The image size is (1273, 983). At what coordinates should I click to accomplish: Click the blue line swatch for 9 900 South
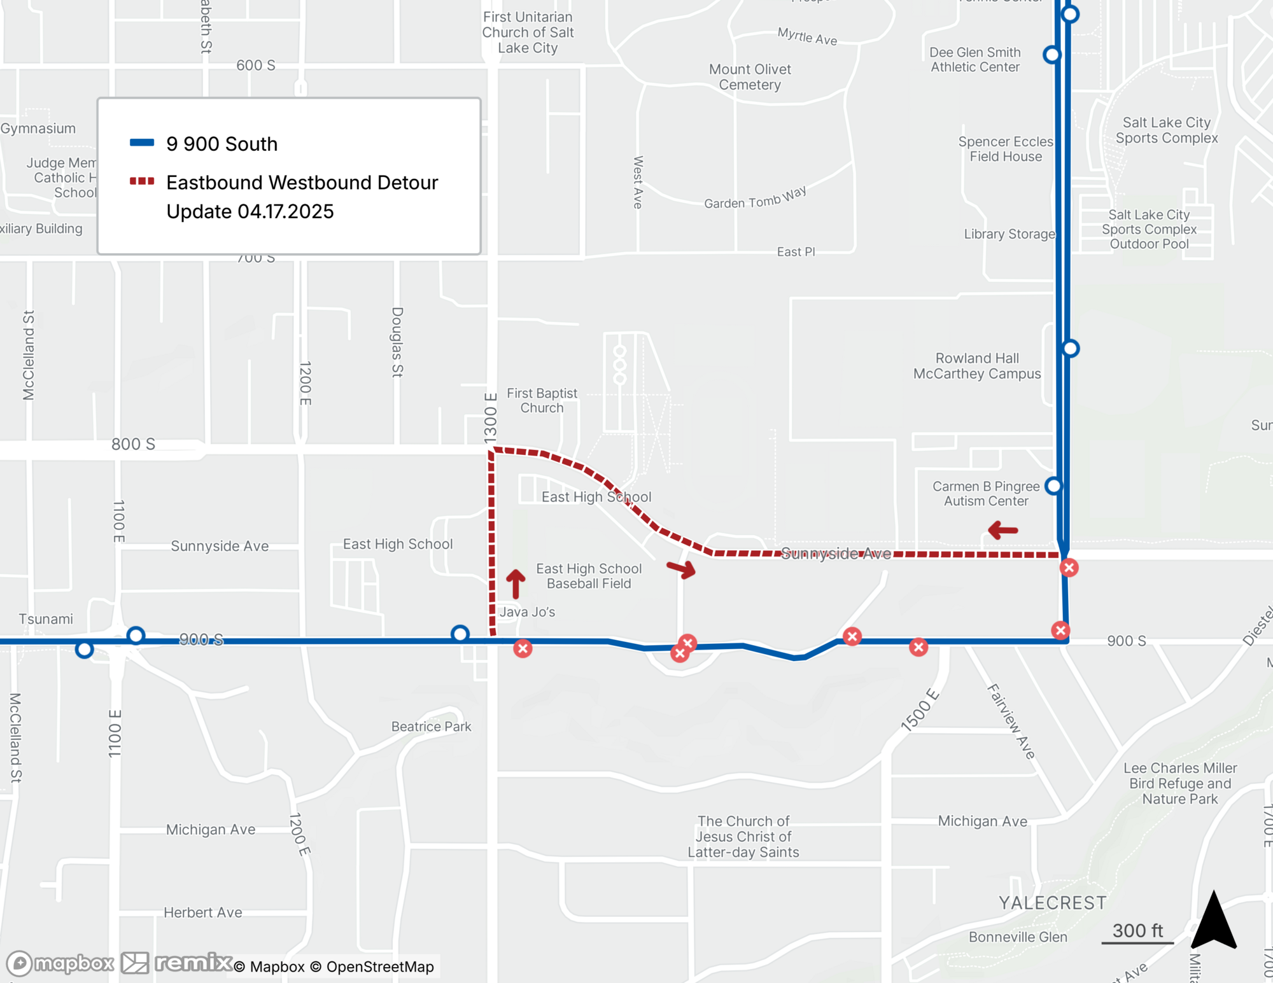pos(142,143)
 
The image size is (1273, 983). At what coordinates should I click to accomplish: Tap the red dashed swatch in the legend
pos(142,181)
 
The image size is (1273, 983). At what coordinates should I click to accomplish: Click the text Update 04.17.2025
pos(250,211)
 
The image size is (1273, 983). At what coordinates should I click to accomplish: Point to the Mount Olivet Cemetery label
pos(750,77)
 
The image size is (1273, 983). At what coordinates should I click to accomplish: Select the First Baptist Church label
pos(542,401)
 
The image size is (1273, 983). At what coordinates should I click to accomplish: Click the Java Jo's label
pos(527,612)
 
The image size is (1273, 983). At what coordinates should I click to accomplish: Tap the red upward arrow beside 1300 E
pos(516,583)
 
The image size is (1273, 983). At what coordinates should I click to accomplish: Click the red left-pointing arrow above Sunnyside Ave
pos(1003,529)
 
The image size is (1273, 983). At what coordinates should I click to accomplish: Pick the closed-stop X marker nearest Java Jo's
pos(523,648)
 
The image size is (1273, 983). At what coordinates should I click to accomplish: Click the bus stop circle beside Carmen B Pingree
pos(1054,486)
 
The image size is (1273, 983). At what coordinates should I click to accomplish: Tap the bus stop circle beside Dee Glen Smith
pos(1052,55)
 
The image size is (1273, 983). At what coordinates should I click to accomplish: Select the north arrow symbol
pos(1214,921)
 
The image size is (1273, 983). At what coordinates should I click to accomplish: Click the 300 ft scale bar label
pos(1137,931)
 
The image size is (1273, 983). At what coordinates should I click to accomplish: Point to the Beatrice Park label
pos(431,727)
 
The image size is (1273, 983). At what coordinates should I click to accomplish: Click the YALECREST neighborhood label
pos(1052,903)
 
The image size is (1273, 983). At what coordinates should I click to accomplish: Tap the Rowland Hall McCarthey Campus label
pos(977,366)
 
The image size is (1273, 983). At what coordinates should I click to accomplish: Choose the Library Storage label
pos(1009,234)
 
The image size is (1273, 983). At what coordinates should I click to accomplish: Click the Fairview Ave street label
pos(1011,722)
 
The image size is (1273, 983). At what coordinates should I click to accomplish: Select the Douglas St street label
pos(397,342)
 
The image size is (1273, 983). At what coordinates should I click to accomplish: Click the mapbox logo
pos(60,963)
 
